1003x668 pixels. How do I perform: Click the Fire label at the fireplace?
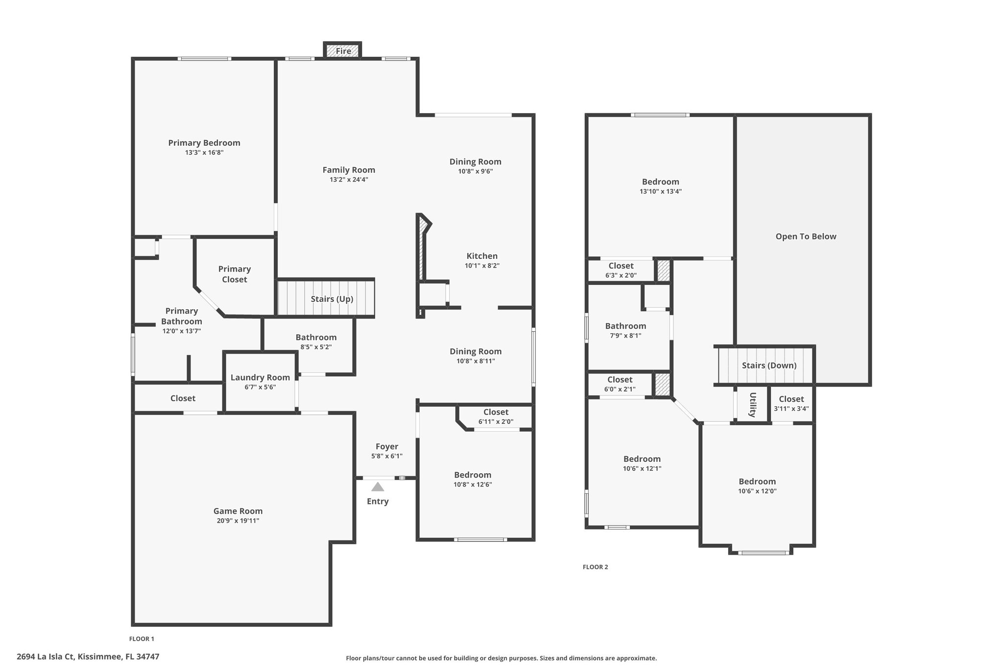point(343,51)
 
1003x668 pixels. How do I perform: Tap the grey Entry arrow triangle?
point(378,487)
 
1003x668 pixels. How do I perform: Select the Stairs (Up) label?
point(332,299)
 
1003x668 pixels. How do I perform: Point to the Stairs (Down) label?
point(769,366)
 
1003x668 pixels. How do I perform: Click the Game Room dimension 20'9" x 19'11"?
point(238,521)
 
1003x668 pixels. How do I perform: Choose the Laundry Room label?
point(260,377)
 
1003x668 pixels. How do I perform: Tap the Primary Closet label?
point(235,274)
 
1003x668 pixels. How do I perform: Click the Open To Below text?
point(806,236)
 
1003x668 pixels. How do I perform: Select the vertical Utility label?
point(753,405)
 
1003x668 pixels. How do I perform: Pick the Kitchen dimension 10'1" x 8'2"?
point(482,266)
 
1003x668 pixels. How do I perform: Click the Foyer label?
point(387,446)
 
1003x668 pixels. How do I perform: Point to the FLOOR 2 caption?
point(595,567)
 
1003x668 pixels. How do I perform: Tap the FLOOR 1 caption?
point(142,639)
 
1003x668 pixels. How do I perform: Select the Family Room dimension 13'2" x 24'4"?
point(349,180)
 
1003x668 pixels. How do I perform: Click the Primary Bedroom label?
point(204,143)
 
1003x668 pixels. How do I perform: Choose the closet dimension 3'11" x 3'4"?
point(791,409)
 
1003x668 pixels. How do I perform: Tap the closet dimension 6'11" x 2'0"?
point(496,421)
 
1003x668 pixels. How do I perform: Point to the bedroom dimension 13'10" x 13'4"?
point(660,191)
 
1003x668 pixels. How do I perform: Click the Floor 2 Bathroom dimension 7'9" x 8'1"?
point(625,336)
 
